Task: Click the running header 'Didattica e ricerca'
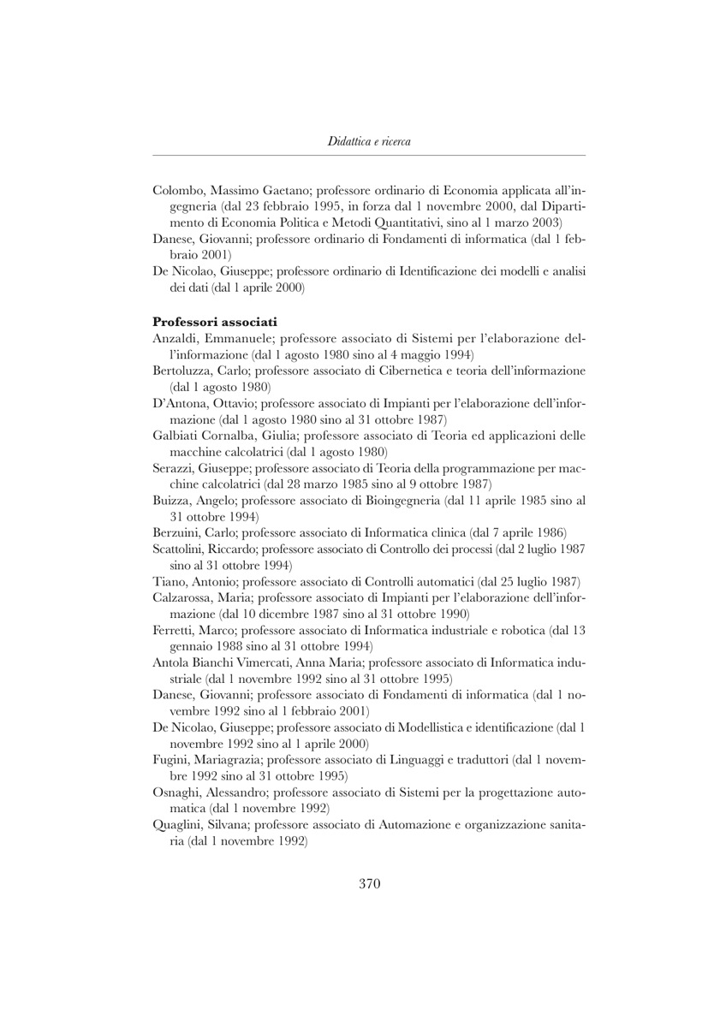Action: (x=369, y=141)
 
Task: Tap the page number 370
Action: (x=369, y=884)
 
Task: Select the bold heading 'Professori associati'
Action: (x=214, y=322)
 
